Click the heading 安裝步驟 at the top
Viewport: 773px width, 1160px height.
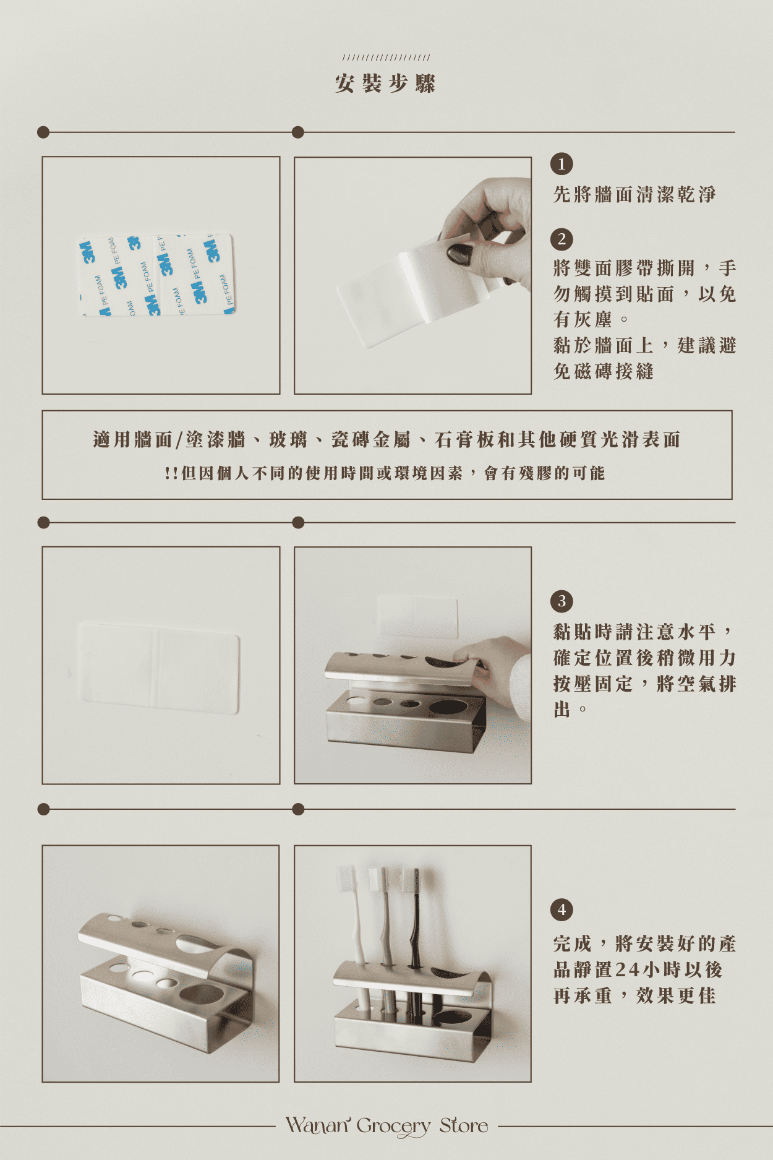(386, 84)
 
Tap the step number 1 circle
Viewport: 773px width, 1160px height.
(562, 164)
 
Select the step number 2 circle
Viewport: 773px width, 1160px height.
(562, 239)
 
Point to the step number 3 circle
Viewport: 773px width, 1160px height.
(562, 601)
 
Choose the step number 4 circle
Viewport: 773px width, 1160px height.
(562, 909)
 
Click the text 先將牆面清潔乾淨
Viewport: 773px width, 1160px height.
(634, 194)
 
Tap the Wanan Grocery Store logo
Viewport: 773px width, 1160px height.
(386, 1125)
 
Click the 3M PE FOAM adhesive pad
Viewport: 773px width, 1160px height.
(156, 275)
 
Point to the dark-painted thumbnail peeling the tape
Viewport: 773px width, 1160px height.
(459, 253)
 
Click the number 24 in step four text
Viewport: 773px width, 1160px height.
(627, 969)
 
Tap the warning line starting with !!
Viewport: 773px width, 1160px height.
(385, 473)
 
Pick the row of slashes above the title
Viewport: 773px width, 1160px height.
(386, 58)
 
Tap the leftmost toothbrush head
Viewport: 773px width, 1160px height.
(346, 878)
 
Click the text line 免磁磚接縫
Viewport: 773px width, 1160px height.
(604, 371)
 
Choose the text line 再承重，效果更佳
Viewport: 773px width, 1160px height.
(634, 995)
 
